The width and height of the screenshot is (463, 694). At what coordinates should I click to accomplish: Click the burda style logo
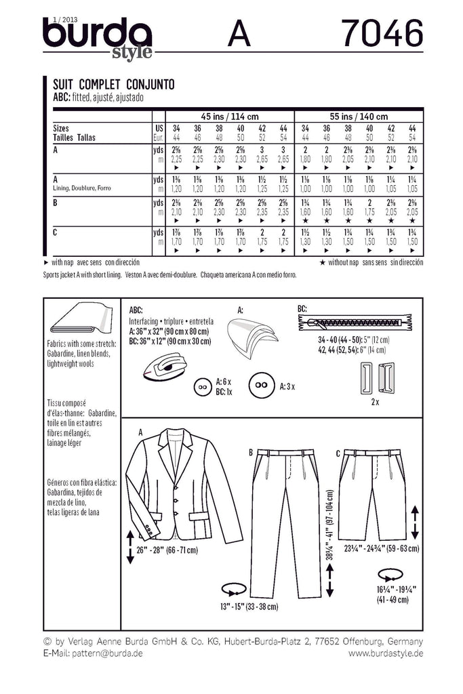click(98, 38)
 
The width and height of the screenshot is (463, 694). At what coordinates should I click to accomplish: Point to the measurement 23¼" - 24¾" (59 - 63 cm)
click(380, 548)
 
